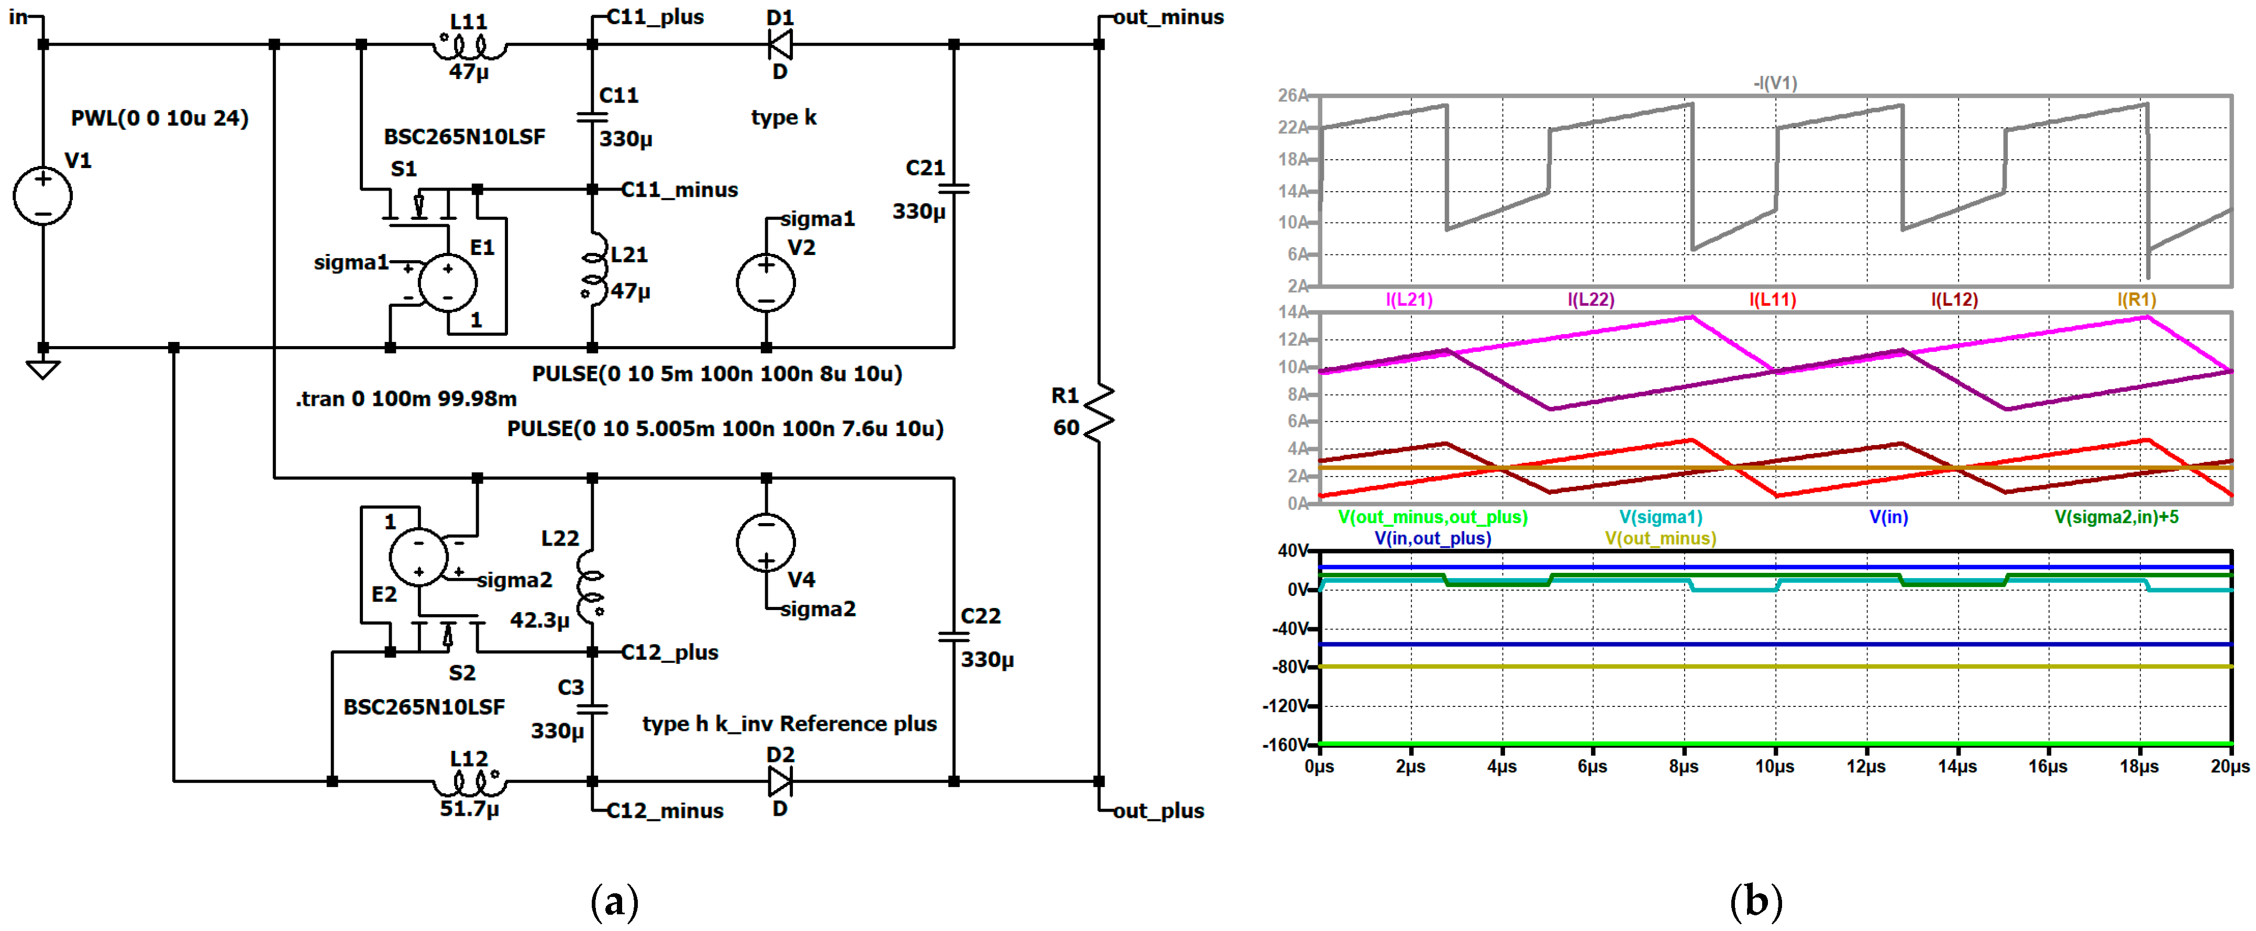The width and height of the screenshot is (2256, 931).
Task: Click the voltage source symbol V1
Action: (42, 194)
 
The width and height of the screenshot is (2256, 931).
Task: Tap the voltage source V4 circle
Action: (766, 542)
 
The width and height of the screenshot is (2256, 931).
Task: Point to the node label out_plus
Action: (1158, 811)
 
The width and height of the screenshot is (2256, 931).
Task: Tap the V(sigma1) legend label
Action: (1661, 517)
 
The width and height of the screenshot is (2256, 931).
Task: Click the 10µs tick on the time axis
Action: (1774, 767)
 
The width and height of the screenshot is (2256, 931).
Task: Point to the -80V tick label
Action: (1290, 668)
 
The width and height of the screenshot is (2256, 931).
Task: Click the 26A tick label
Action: (1292, 95)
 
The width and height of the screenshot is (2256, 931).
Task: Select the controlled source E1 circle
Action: (448, 282)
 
